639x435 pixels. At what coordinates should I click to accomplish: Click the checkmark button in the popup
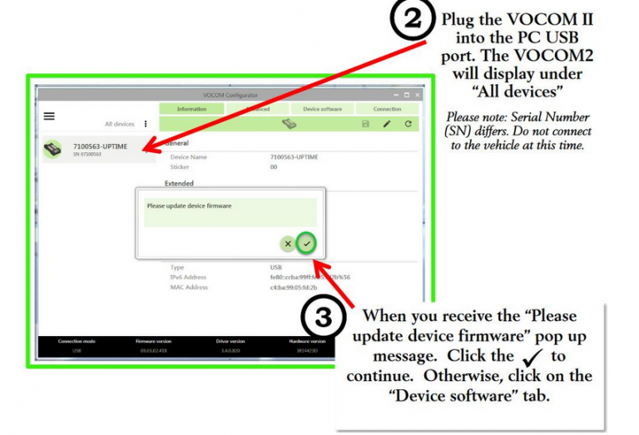307,244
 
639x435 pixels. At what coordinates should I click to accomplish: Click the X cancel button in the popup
288,244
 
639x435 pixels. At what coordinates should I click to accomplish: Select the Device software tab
322,109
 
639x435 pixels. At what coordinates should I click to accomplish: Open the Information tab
191,109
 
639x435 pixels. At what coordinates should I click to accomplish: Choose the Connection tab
387,109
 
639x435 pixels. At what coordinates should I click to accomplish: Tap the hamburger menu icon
49,116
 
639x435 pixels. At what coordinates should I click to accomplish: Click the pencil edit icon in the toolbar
387,124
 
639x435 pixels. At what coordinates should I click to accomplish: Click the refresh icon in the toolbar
408,124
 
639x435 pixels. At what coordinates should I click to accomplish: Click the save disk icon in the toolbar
365,124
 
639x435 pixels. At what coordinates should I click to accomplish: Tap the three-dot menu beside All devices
146,124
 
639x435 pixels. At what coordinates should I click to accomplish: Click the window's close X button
418,96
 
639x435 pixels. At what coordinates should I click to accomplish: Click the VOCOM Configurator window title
230,96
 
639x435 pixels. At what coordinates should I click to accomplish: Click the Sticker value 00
274,167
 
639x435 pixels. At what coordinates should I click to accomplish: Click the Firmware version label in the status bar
152,341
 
